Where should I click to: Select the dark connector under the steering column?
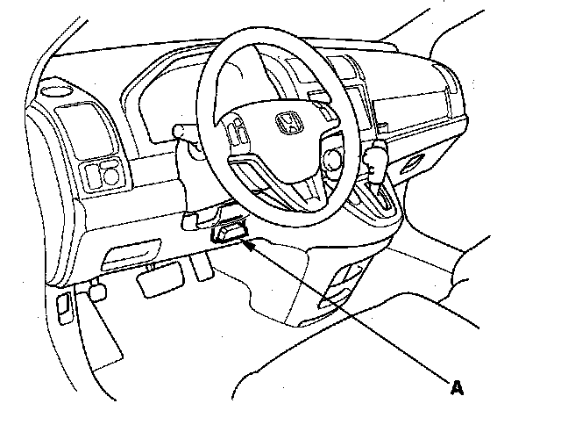(x=228, y=234)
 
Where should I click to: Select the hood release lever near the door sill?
(x=65, y=306)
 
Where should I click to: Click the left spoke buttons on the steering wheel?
(x=238, y=135)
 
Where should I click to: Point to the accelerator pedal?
(x=203, y=265)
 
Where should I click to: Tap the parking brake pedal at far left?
(x=96, y=288)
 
